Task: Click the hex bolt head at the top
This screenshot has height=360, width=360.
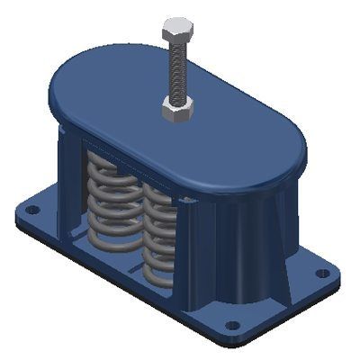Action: coord(175,30)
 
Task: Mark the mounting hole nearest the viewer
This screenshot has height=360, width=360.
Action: coord(231,325)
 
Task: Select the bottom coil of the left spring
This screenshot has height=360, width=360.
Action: coord(112,241)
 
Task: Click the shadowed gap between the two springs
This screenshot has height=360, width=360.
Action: coord(138,216)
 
